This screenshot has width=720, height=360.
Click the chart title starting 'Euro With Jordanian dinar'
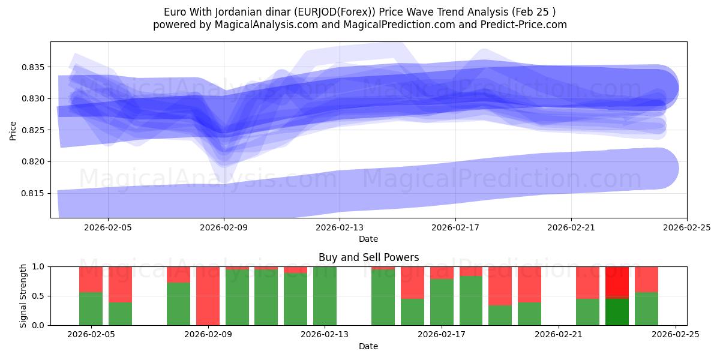point(360,12)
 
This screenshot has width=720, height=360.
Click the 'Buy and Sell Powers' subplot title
point(368,257)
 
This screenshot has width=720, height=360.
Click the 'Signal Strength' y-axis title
point(23,296)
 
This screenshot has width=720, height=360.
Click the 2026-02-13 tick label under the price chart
point(340,227)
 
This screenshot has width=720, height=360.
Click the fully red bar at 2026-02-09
point(208,296)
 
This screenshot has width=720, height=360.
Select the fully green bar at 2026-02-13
point(325,296)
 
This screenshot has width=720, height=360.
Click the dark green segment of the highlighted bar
point(617,311)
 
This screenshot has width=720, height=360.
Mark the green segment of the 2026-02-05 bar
point(91,309)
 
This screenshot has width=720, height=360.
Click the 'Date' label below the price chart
point(368,239)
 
